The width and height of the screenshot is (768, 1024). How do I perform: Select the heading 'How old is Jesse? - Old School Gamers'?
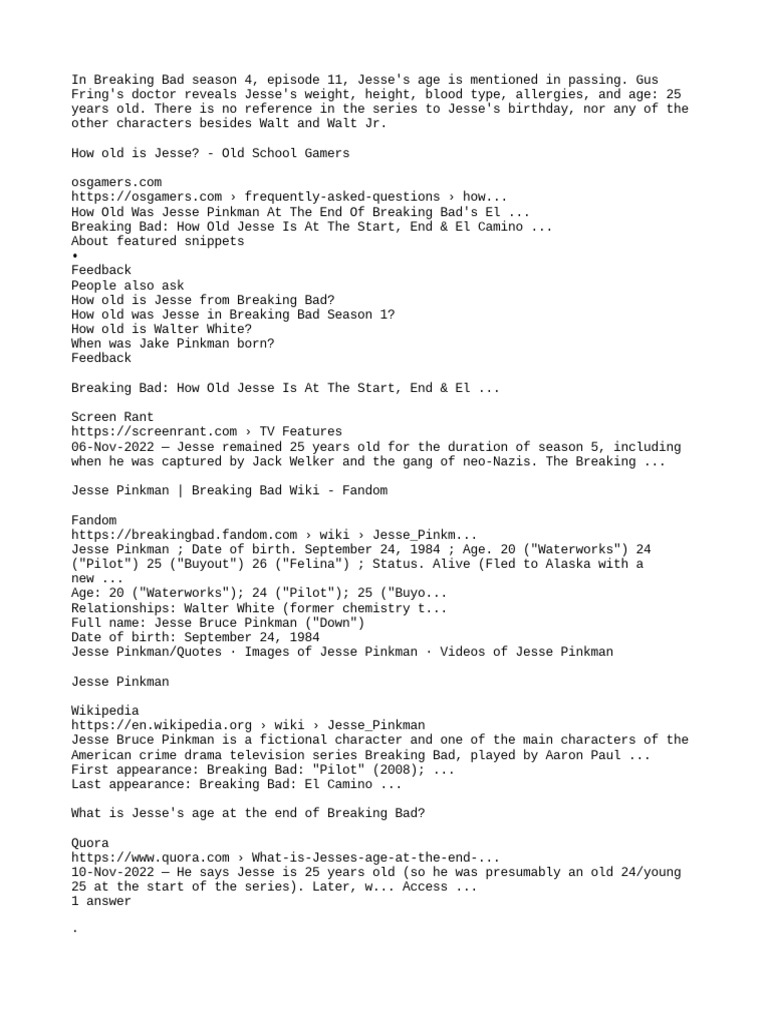pos(210,153)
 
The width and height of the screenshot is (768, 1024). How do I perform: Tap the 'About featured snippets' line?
pos(158,241)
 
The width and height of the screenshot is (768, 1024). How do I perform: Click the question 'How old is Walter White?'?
pos(161,329)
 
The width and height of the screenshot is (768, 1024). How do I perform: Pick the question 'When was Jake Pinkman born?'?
pos(172,343)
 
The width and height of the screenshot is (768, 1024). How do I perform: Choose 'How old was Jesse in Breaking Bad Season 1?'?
pos(232,314)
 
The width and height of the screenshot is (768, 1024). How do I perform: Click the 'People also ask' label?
pos(128,285)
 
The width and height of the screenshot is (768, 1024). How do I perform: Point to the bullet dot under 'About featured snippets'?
pos(75,256)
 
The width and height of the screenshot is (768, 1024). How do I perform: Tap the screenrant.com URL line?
pos(206,432)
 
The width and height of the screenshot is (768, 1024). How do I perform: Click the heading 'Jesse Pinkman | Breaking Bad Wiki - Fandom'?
pos(229,490)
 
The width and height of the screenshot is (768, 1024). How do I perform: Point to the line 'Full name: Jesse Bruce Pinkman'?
pos(218,622)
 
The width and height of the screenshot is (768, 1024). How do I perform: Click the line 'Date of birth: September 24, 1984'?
pos(195,637)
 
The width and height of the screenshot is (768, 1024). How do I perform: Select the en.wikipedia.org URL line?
pos(248,725)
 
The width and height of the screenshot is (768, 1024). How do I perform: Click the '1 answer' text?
pos(100,901)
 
